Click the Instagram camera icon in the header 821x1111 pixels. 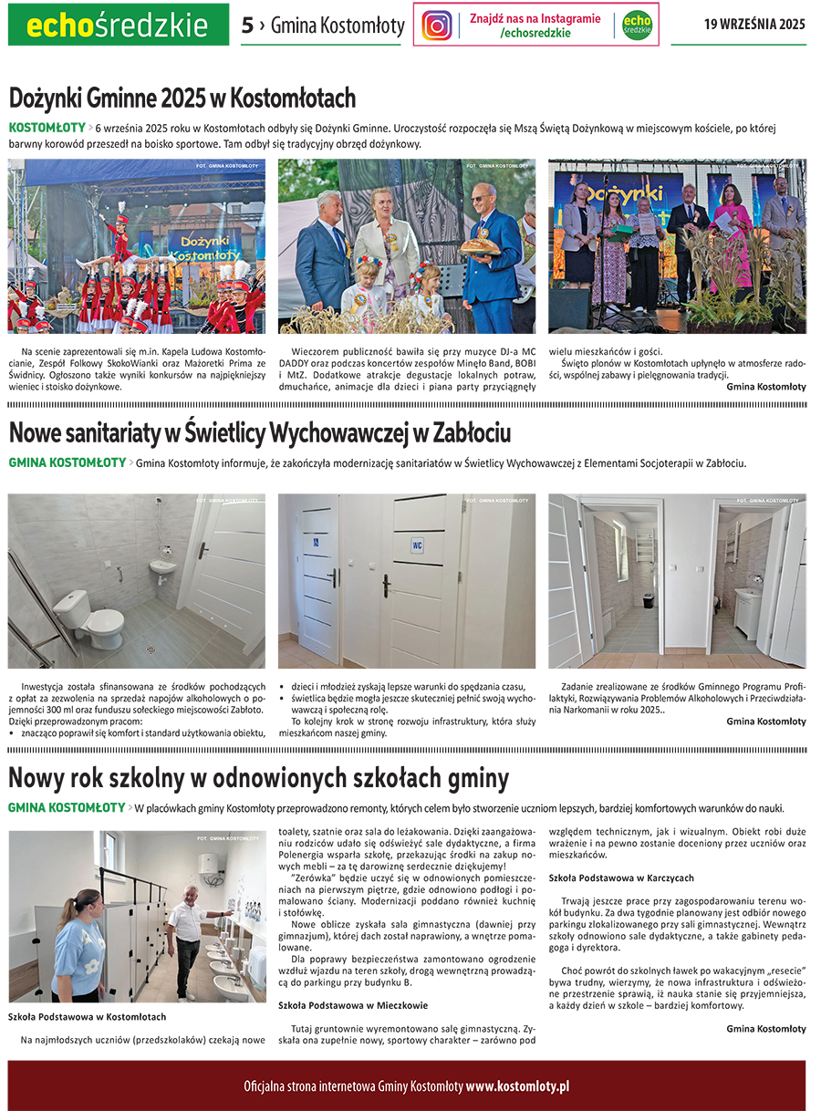pyautogui.click(x=437, y=25)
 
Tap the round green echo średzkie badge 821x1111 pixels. pyautogui.click(x=637, y=25)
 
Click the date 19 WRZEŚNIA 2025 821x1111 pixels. pyautogui.click(x=753, y=25)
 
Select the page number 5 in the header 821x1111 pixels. pyautogui.click(x=247, y=26)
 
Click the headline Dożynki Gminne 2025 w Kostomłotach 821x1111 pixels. pyautogui.click(x=182, y=99)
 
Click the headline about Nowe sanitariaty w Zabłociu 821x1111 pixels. pyautogui.click(x=260, y=431)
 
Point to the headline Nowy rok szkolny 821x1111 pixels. pyautogui.click(x=259, y=778)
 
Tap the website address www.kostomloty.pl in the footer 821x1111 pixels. pyautogui.click(x=517, y=1086)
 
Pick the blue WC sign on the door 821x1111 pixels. pyautogui.click(x=417, y=545)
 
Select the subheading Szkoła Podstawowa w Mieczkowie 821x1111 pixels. pyautogui.click(x=353, y=1005)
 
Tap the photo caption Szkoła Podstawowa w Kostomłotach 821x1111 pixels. pyautogui.click(x=87, y=1016)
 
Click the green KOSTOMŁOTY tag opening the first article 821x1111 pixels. pyautogui.click(x=47, y=128)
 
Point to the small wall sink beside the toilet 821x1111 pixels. pyautogui.click(x=162, y=569)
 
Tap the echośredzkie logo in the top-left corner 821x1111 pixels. pyautogui.click(x=118, y=25)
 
